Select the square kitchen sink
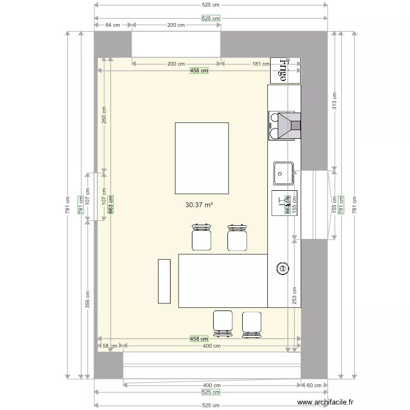(x=284, y=173)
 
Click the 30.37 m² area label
(x=199, y=205)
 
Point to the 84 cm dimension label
(x=113, y=25)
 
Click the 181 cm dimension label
(x=260, y=64)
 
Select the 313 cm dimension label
(x=335, y=100)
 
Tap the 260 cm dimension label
(x=104, y=115)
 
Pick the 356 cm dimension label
(x=87, y=300)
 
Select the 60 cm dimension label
(x=314, y=385)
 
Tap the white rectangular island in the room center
(x=202, y=158)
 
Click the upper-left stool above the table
(x=202, y=237)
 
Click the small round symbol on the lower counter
(x=283, y=268)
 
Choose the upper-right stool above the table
(x=237, y=237)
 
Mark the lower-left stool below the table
(x=223, y=322)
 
